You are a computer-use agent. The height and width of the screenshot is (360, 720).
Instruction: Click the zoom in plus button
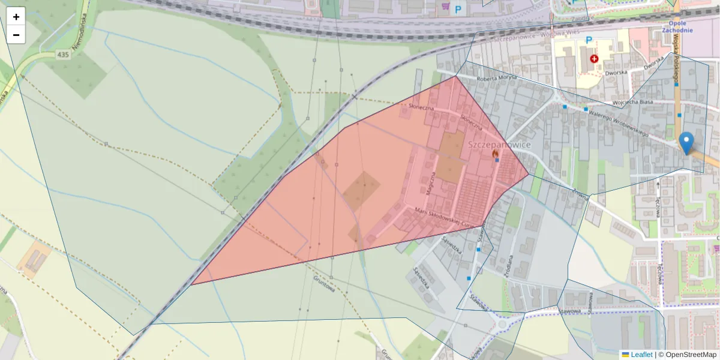pyautogui.click(x=16, y=17)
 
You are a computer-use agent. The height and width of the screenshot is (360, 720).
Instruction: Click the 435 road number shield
pyautogui.click(x=64, y=55)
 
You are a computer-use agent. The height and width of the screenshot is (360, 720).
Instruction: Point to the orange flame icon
pyautogui.click(x=496, y=154)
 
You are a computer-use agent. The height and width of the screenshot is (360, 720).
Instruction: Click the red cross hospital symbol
pyautogui.click(x=594, y=59)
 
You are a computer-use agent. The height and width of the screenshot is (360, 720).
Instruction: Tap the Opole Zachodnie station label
pyautogui.click(x=677, y=26)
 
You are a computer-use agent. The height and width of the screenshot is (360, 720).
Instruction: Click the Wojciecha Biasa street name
pyautogui.click(x=632, y=103)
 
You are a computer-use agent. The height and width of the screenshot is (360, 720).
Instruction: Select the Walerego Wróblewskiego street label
pyautogui.click(x=618, y=122)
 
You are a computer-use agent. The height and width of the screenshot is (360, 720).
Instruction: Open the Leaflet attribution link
pyautogui.click(x=641, y=355)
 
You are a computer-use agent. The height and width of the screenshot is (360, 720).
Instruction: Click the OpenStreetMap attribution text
pyautogui.click(x=691, y=355)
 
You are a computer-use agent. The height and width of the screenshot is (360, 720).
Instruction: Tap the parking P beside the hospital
pyautogui.click(x=589, y=40)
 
